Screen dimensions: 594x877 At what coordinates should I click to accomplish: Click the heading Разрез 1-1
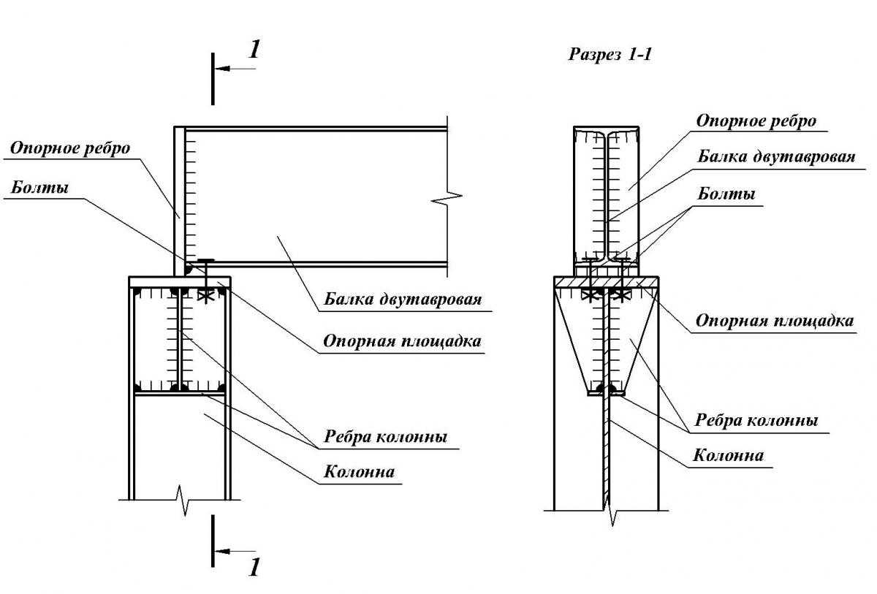click(x=610, y=55)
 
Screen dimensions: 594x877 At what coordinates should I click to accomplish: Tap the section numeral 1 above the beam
click(x=254, y=50)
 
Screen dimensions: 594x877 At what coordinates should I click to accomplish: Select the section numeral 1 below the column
click(x=254, y=567)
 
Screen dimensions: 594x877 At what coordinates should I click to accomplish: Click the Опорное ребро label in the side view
click(x=70, y=148)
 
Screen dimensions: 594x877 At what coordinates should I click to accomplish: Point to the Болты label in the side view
click(x=40, y=188)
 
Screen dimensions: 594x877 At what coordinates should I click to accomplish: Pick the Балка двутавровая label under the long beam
click(x=404, y=300)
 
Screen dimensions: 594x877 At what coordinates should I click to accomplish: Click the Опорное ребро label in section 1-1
click(x=756, y=121)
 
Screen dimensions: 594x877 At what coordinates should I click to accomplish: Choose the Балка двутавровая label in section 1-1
click(x=776, y=156)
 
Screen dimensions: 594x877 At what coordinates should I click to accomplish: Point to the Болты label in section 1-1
click(x=726, y=194)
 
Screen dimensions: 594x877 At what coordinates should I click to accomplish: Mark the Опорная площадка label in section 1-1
click(x=775, y=320)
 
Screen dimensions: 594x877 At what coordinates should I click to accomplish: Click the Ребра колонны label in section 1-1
click(x=756, y=420)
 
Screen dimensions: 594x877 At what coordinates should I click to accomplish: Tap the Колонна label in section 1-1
click(x=728, y=455)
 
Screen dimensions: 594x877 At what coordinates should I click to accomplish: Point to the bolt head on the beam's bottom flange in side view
click(x=207, y=261)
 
